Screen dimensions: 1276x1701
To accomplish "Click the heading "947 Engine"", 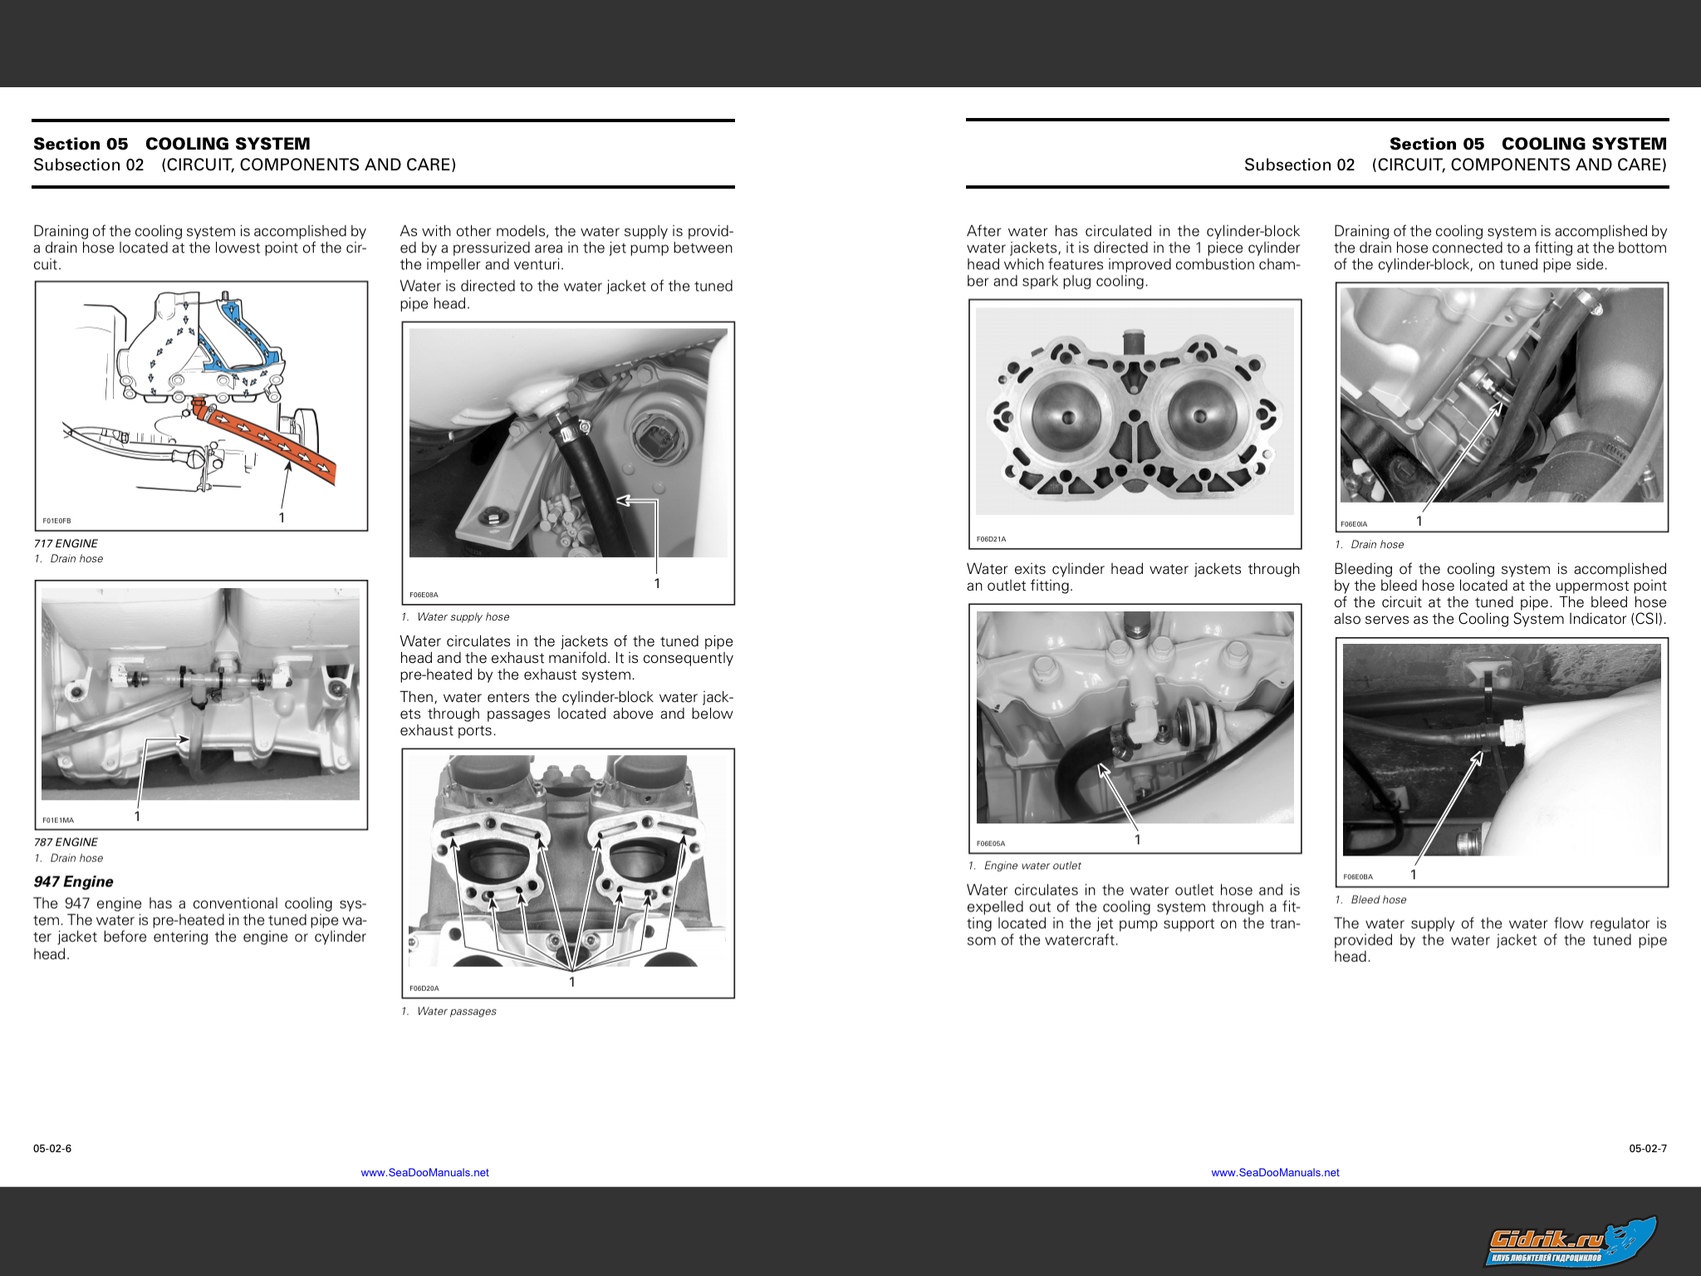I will (x=73, y=881).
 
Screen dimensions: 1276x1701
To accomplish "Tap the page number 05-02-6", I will (x=52, y=1149).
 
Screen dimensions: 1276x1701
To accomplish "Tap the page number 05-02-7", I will (x=1648, y=1149).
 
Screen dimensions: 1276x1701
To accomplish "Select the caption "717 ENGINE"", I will (x=66, y=543).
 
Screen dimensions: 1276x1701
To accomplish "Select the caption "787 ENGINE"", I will (x=66, y=842).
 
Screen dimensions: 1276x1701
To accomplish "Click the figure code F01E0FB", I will (x=56, y=521).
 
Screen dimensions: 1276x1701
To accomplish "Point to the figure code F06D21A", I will (x=991, y=539).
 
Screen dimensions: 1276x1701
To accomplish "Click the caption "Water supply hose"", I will (x=463, y=616).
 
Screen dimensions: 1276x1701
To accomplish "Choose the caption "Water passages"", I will (x=456, y=1011).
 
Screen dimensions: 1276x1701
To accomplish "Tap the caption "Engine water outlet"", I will (x=1032, y=866).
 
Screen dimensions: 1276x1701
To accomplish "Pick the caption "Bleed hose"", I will (x=1378, y=900).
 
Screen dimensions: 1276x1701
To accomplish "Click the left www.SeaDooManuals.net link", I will (x=424, y=1173).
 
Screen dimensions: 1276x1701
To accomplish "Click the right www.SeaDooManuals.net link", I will (x=1275, y=1173).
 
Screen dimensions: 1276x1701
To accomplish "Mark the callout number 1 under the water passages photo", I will (x=572, y=982).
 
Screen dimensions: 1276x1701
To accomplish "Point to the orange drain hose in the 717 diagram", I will (x=274, y=439).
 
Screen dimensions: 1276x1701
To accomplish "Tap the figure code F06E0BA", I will (x=1358, y=876).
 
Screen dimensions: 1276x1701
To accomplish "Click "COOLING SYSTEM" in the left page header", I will (x=228, y=144).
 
